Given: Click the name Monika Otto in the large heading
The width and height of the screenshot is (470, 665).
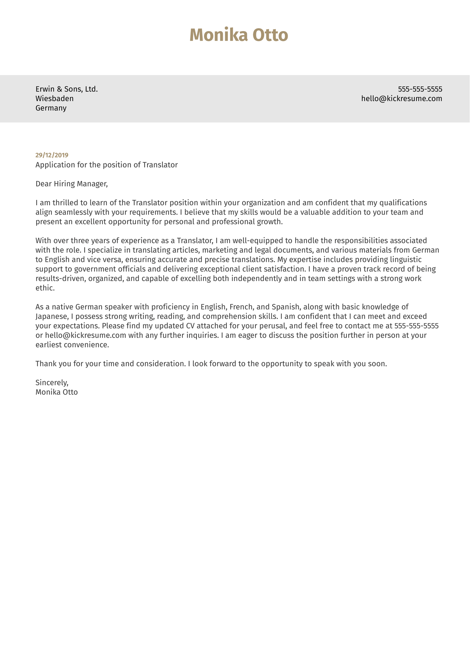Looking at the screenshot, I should (239, 35).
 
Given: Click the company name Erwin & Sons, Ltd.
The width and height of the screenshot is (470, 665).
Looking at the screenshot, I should (67, 89).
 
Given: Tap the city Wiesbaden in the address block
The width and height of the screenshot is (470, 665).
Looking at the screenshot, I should (54, 99).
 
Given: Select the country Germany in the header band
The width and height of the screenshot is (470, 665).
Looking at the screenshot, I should (51, 108).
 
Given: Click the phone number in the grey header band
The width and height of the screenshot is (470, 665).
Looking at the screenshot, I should (420, 89).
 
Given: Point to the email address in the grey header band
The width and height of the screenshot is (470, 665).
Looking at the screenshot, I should (401, 99).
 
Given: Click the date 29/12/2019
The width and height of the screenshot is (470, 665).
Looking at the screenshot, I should (52, 155).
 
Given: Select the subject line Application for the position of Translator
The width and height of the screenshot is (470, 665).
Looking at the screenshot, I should (106, 165).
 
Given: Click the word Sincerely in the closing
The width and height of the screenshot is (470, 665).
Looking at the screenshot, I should (51, 382).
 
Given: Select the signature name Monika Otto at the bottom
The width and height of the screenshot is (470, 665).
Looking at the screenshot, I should (57, 392).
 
